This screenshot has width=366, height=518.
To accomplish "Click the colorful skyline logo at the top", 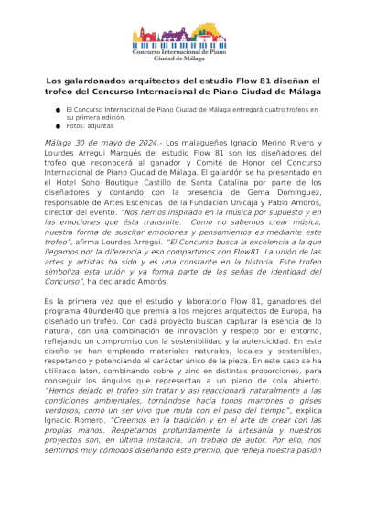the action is point(183,37).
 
